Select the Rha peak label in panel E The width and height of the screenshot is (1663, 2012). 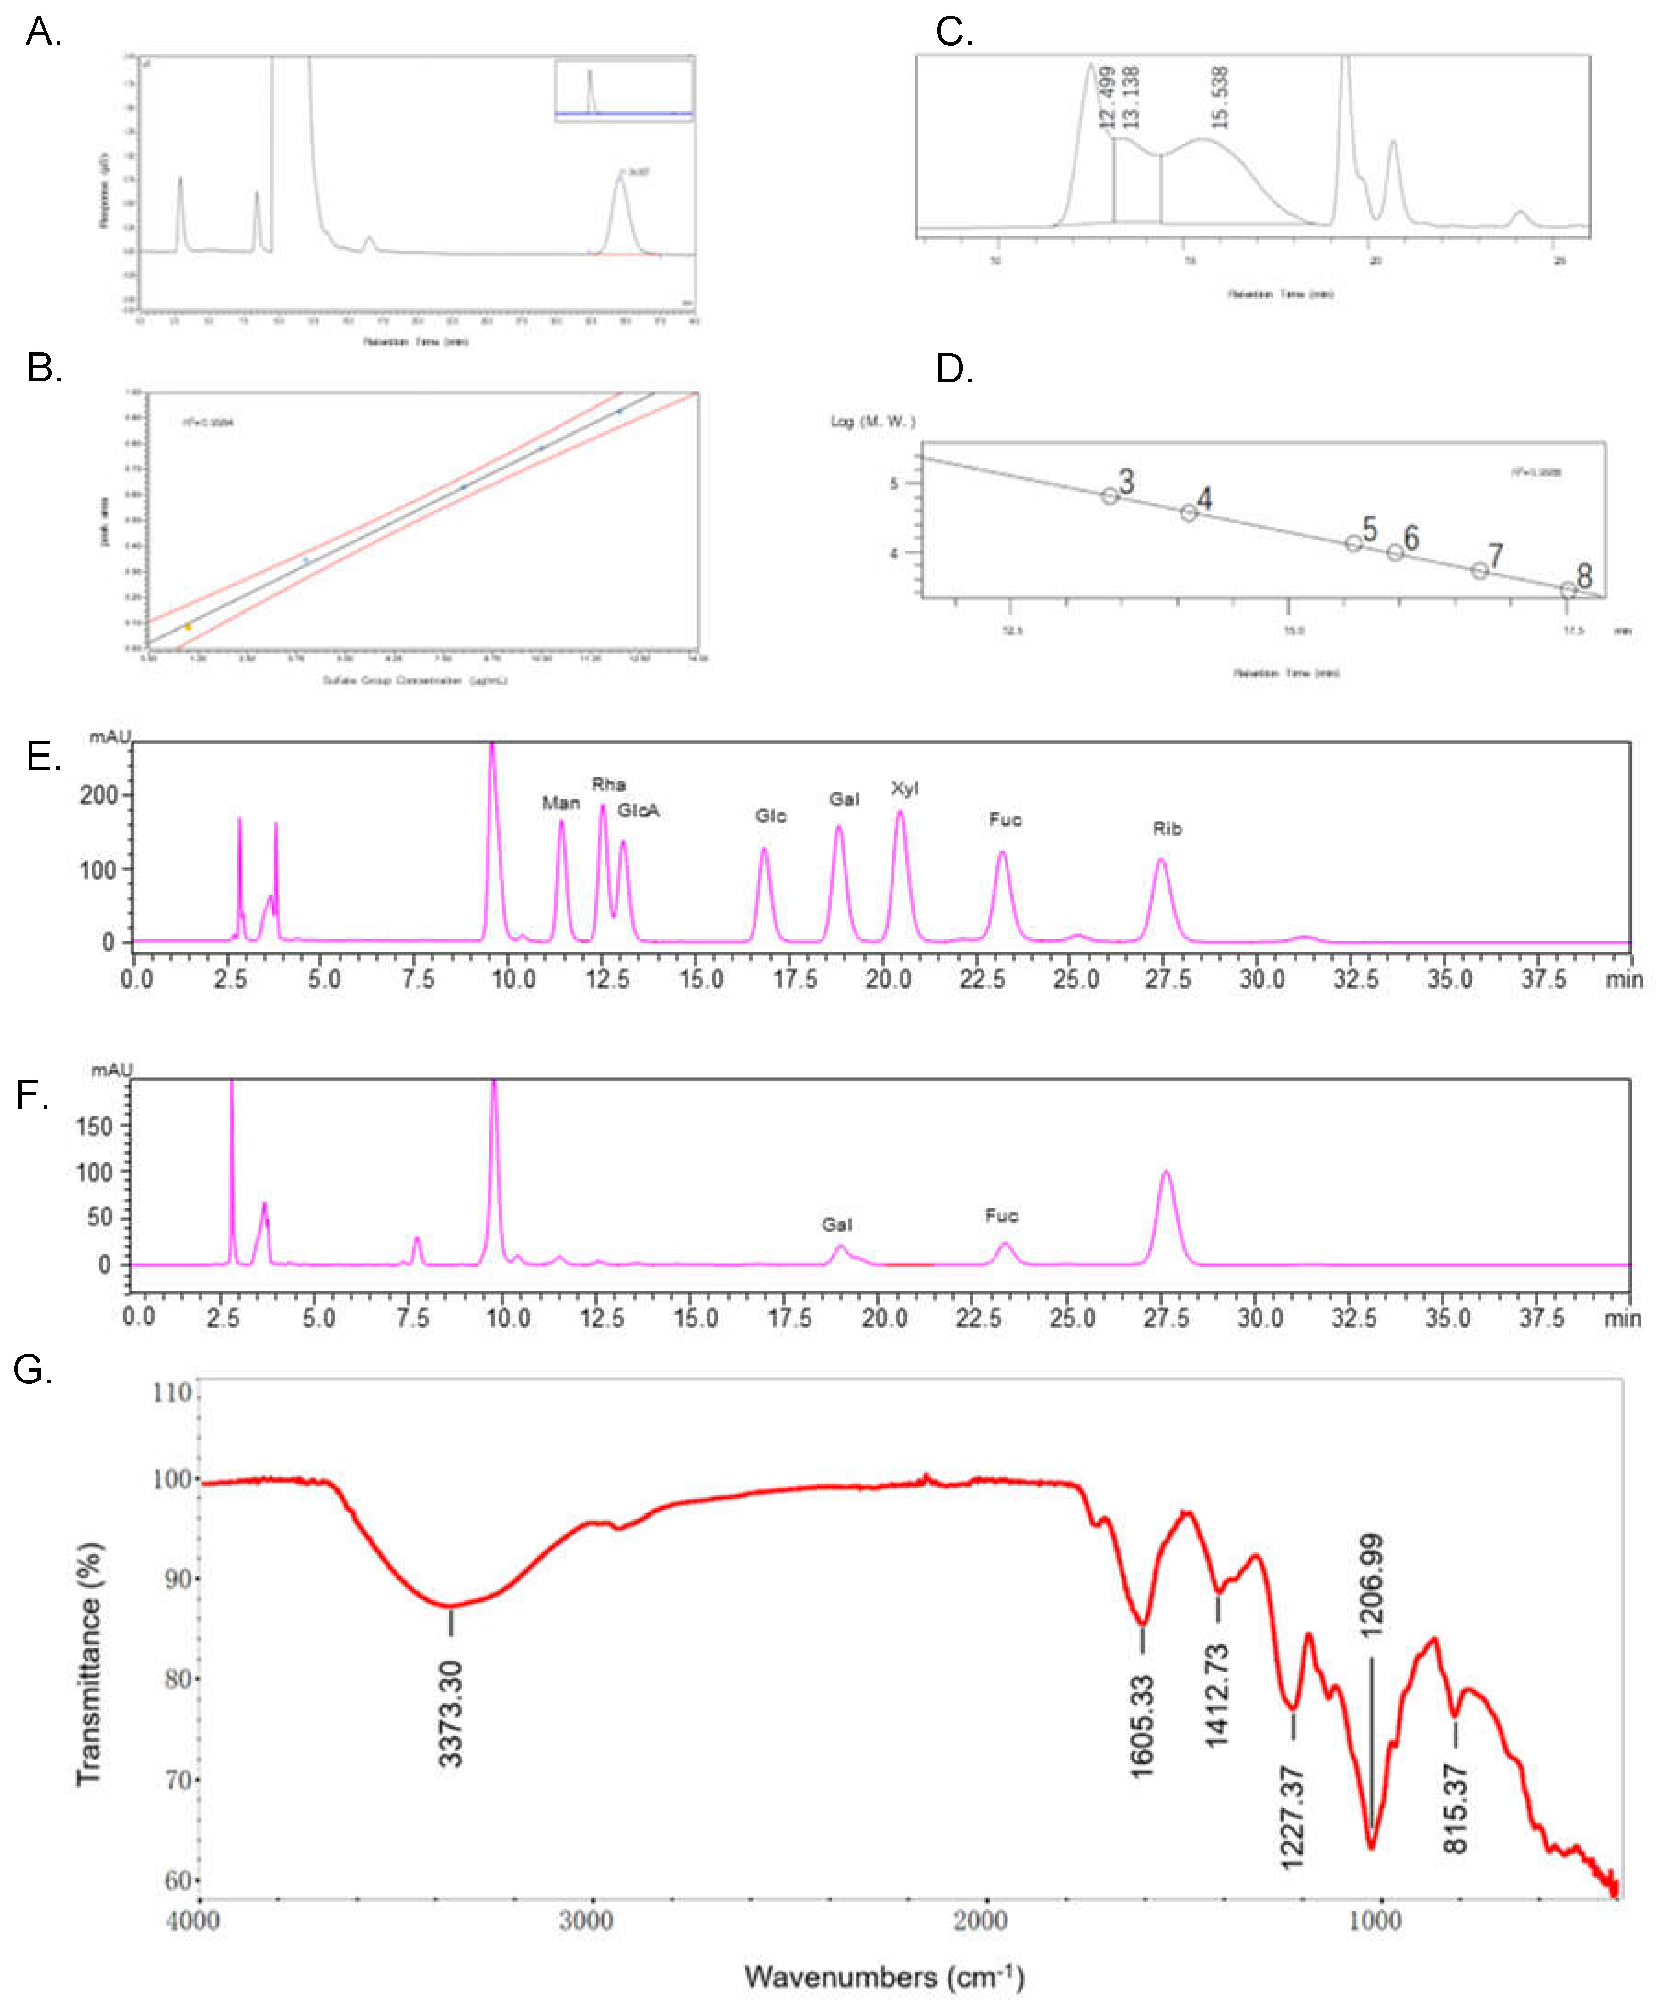pos(608,784)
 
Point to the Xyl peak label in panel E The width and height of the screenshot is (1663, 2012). pos(904,788)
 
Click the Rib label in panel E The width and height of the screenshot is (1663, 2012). pos(1167,828)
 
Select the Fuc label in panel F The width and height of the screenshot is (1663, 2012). pos(1001,1215)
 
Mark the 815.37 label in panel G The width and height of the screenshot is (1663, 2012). pos(1455,1808)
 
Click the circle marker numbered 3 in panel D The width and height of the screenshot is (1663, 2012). pos(1109,496)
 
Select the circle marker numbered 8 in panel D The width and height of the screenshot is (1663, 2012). pos(1568,590)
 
